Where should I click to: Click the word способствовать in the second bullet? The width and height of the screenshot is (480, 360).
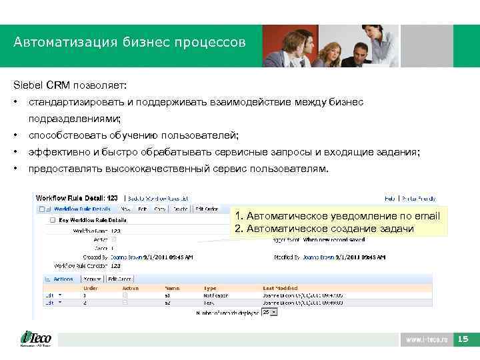[x=66, y=135]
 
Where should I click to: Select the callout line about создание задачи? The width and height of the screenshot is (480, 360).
[x=324, y=229]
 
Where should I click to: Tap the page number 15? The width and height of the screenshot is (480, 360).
[x=463, y=339]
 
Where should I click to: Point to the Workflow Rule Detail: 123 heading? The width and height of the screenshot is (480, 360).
[x=76, y=198]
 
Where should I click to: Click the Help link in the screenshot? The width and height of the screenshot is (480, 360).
[x=391, y=198]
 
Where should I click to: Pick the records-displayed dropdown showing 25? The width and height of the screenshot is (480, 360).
[x=268, y=311]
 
